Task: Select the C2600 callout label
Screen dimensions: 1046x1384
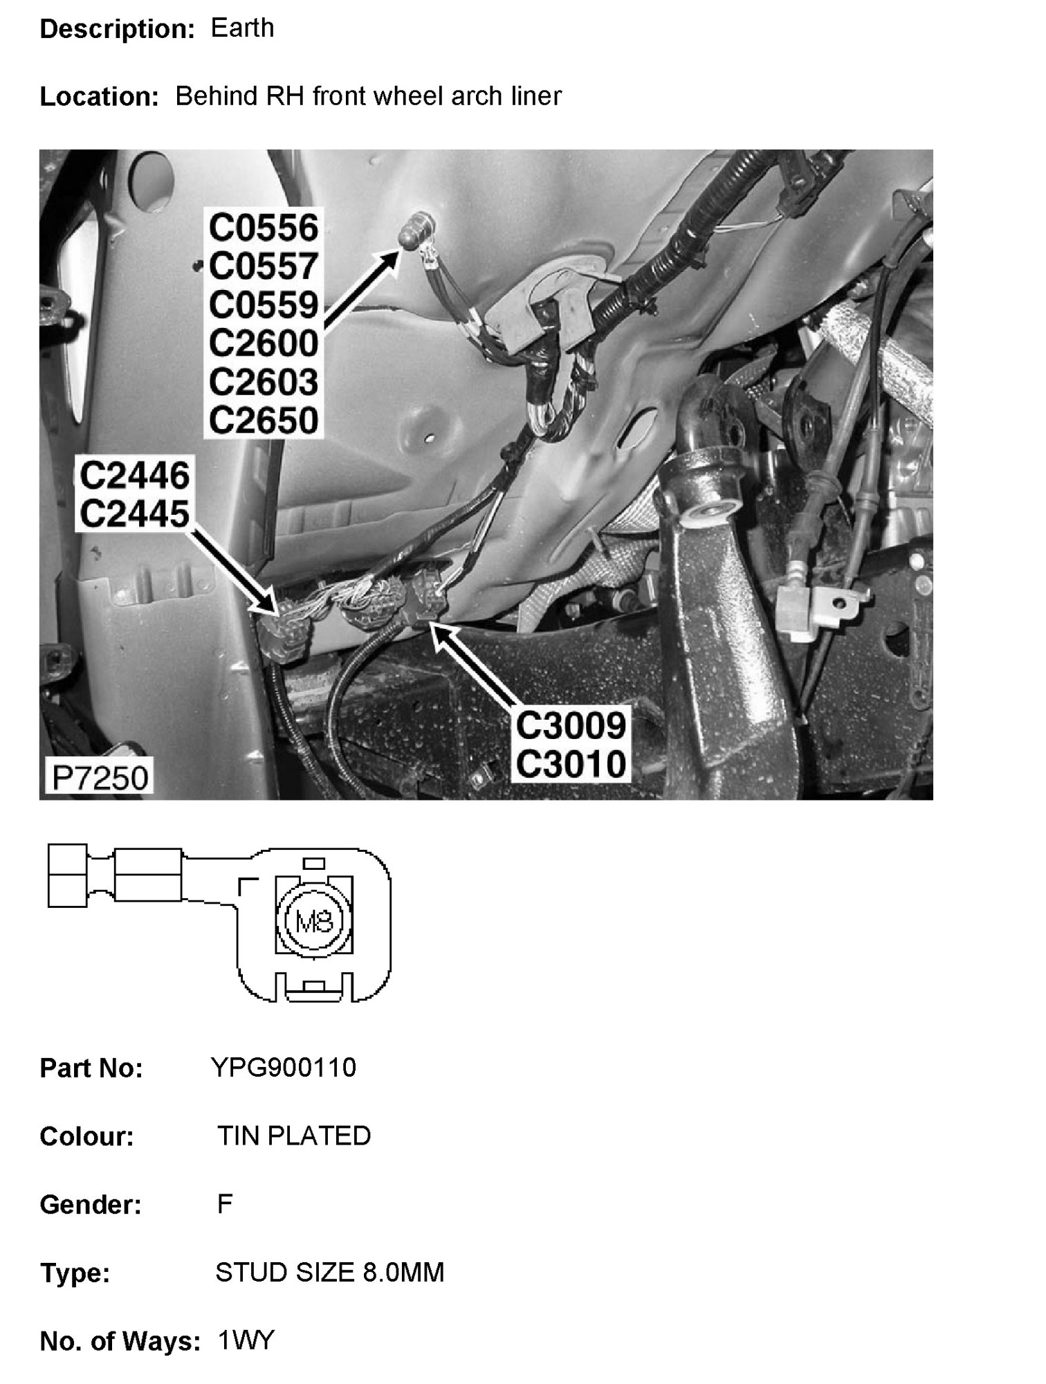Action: pyautogui.click(x=264, y=343)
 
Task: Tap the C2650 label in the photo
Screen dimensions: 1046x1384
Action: pyautogui.click(x=264, y=420)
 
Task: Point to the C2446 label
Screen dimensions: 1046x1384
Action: pyautogui.click(x=134, y=476)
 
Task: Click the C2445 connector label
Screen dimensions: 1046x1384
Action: pyautogui.click(x=134, y=514)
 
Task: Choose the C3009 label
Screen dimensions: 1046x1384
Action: pyautogui.click(x=571, y=725)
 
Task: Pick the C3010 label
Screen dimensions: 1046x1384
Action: pyautogui.click(x=571, y=764)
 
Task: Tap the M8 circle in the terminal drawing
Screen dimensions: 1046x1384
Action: pyautogui.click(x=315, y=921)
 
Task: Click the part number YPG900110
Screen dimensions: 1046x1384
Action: pyautogui.click(x=284, y=1067)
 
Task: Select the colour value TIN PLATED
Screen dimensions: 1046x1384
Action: pyautogui.click(x=294, y=1136)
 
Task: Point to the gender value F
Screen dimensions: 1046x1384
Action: pyautogui.click(x=224, y=1204)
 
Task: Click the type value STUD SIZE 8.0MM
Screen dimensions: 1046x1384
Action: pyautogui.click(x=330, y=1272)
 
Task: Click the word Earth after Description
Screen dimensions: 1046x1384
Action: pyautogui.click(x=242, y=28)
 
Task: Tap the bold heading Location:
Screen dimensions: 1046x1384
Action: pyautogui.click(x=100, y=97)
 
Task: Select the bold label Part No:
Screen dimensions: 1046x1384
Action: pyautogui.click(x=91, y=1068)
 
